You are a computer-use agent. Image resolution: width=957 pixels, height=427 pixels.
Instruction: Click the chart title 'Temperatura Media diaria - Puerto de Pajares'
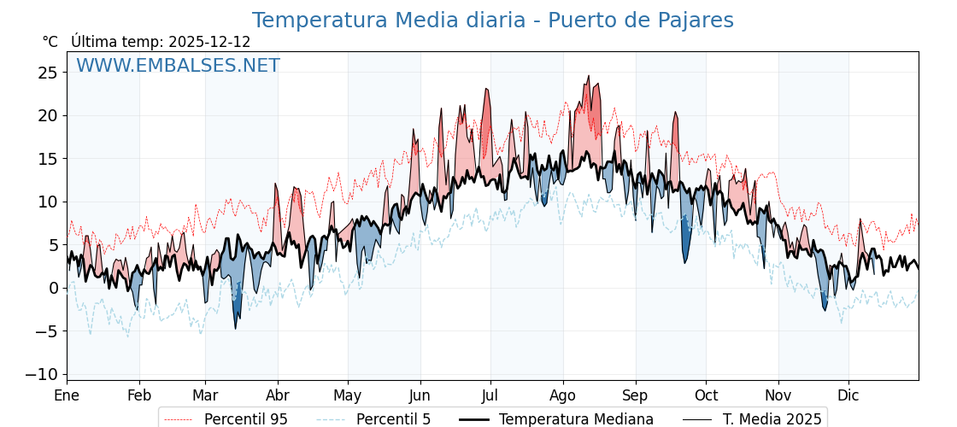[492, 20]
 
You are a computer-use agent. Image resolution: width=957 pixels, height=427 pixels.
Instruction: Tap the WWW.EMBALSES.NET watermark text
[178, 66]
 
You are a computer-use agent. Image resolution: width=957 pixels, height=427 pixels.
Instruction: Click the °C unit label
[50, 42]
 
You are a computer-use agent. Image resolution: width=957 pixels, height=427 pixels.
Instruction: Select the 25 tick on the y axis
[48, 73]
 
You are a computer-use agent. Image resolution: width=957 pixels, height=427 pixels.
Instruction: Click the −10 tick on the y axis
[42, 374]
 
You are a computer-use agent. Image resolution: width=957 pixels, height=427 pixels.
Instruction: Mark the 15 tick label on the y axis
[48, 159]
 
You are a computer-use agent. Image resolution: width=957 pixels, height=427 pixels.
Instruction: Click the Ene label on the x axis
[67, 395]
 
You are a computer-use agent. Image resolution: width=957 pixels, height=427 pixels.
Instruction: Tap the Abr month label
[278, 395]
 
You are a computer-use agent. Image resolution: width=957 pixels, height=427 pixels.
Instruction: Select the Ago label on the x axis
[562, 395]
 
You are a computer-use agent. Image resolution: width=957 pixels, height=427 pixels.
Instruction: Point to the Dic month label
[848, 395]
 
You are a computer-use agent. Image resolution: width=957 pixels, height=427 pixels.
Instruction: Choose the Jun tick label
[420, 395]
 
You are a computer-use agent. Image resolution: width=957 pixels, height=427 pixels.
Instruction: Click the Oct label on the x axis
[706, 395]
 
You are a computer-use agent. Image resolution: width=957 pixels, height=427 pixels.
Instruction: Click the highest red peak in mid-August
[589, 76]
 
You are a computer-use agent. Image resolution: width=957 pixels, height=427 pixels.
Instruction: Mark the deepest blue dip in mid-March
[236, 329]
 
